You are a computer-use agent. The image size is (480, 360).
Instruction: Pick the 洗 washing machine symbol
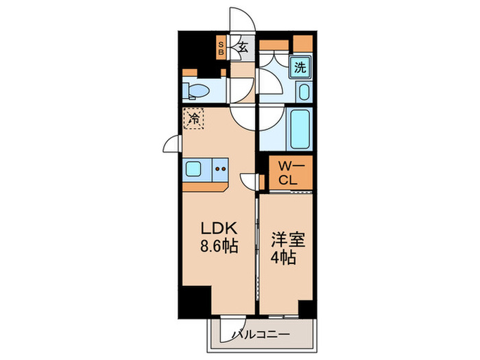[300, 67]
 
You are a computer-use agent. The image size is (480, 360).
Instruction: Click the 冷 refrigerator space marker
[193, 119]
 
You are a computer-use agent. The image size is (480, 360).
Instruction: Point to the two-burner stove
[220, 168]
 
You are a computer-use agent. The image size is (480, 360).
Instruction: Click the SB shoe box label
[221, 48]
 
